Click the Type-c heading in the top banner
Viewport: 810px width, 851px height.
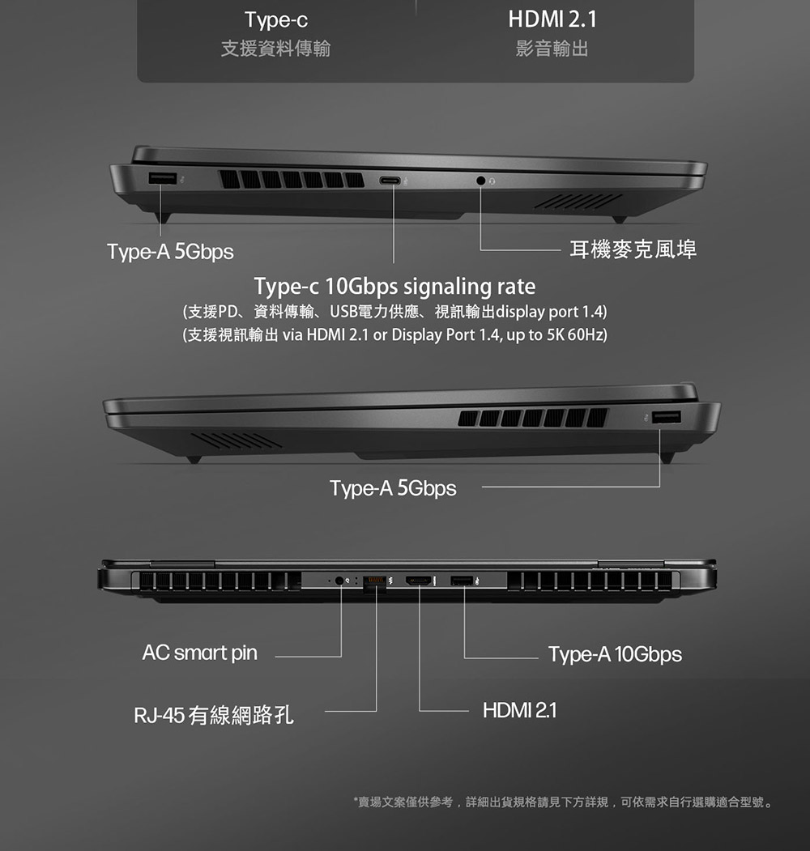pos(275,20)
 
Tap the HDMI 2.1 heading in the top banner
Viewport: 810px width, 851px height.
pos(552,19)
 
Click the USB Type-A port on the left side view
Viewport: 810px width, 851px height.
pos(162,178)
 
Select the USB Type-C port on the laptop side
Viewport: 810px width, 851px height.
pos(390,181)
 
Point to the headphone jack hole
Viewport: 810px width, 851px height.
pos(480,181)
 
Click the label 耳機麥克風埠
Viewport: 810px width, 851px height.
pos(633,249)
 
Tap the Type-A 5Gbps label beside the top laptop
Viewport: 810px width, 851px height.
pos(170,252)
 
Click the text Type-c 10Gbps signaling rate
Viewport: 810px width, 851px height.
pos(394,286)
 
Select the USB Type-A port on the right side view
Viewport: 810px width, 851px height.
pos(667,417)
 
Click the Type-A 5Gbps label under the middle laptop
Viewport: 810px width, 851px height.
pos(393,488)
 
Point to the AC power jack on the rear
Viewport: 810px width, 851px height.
pos(340,581)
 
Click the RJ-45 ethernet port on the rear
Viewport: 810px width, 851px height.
pos(374,582)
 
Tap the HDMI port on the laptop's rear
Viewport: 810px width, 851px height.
pos(419,581)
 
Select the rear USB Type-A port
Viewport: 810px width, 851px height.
pos(462,581)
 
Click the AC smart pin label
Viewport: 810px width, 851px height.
pos(200,653)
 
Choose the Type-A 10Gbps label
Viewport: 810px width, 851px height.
pos(615,654)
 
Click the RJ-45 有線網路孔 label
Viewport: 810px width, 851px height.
pos(214,715)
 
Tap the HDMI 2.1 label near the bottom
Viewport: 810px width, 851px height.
pos(520,710)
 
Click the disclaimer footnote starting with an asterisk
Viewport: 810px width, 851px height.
pos(564,802)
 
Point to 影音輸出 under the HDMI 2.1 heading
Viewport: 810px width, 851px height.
pos(552,49)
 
